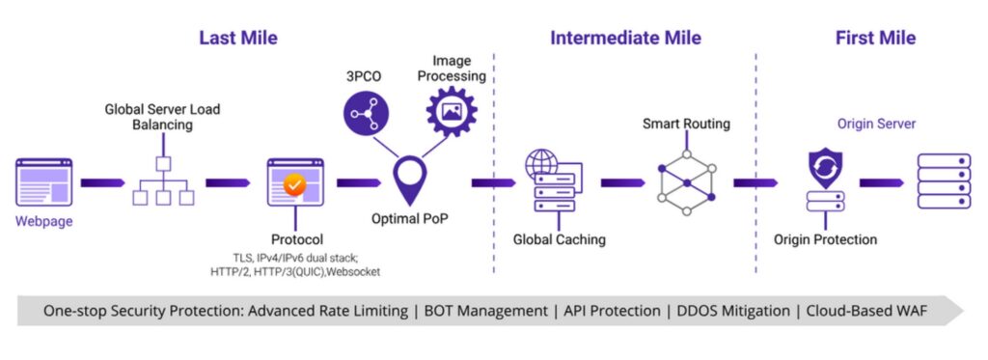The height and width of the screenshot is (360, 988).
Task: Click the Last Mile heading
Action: pos(238,39)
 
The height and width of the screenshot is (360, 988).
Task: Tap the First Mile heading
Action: pos(875,39)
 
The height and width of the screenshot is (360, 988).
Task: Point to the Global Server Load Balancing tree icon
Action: pos(163,180)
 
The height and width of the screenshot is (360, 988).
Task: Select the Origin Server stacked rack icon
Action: pos(942,181)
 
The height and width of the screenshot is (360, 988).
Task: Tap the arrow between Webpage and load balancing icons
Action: pos(101,181)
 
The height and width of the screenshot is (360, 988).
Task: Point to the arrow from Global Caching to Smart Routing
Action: pos(622,181)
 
